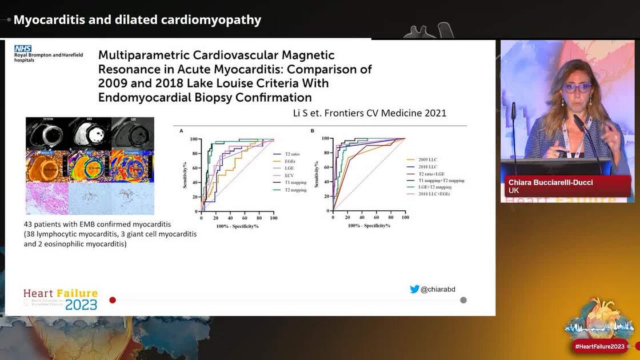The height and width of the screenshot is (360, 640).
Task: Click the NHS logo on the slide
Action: click(23, 49)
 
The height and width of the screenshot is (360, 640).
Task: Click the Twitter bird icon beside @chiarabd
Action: click(415, 289)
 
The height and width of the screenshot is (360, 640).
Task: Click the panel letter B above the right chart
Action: click(313, 131)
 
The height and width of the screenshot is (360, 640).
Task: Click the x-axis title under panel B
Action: click(369, 226)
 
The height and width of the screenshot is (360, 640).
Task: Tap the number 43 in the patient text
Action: click(29, 225)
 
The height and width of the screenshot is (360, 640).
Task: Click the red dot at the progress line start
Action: click(113, 300)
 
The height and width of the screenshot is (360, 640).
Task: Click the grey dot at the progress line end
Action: click(463, 300)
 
